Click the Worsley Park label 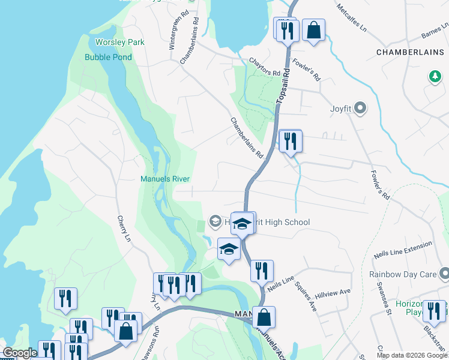point(120,43)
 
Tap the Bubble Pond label point(108,58)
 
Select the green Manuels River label point(165,179)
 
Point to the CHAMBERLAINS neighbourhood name point(412,53)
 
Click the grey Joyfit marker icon point(360,109)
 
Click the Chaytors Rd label point(265,67)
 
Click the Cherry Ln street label point(124,230)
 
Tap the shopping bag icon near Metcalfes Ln point(313,30)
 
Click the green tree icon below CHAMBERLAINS point(434,77)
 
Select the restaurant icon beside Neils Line point(262,271)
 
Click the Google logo point(20,353)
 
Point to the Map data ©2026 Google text point(411,355)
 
